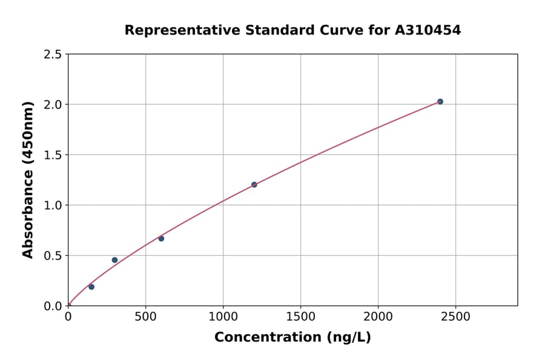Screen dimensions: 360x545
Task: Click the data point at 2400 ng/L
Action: [x=440, y=102]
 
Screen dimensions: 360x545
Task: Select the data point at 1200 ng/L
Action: [x=254, y=185]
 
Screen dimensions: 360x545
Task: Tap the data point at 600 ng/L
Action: [x=161, y=239]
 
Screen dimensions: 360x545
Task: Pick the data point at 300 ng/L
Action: [x=114, y=260]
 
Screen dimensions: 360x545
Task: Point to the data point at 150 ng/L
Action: [x=91, y=287]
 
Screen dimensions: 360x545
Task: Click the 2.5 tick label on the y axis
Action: [x=53, y=55]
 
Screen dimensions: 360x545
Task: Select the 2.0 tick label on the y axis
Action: [x=53, y=105]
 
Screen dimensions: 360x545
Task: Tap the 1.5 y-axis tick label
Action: [x=53, y=155]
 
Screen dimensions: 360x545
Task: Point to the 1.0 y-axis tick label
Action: [x=53, y=205]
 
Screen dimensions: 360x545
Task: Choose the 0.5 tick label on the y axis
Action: [x=53, y=256]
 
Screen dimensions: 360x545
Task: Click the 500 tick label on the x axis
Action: [x=145, y=316]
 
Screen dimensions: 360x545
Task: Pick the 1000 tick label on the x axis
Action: [x=223, y=316]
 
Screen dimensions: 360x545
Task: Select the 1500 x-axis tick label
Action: [x=300, y=316]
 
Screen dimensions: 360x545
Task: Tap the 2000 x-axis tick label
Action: [x=378, y=316]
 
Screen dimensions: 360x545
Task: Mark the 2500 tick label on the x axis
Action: [x=456, y=316]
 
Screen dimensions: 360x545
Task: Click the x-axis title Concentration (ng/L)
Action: [x=292, y=338]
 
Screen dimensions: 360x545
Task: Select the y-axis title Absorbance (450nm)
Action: [x=28, y=180]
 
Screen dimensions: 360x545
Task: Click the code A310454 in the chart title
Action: [x=428, y=30]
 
